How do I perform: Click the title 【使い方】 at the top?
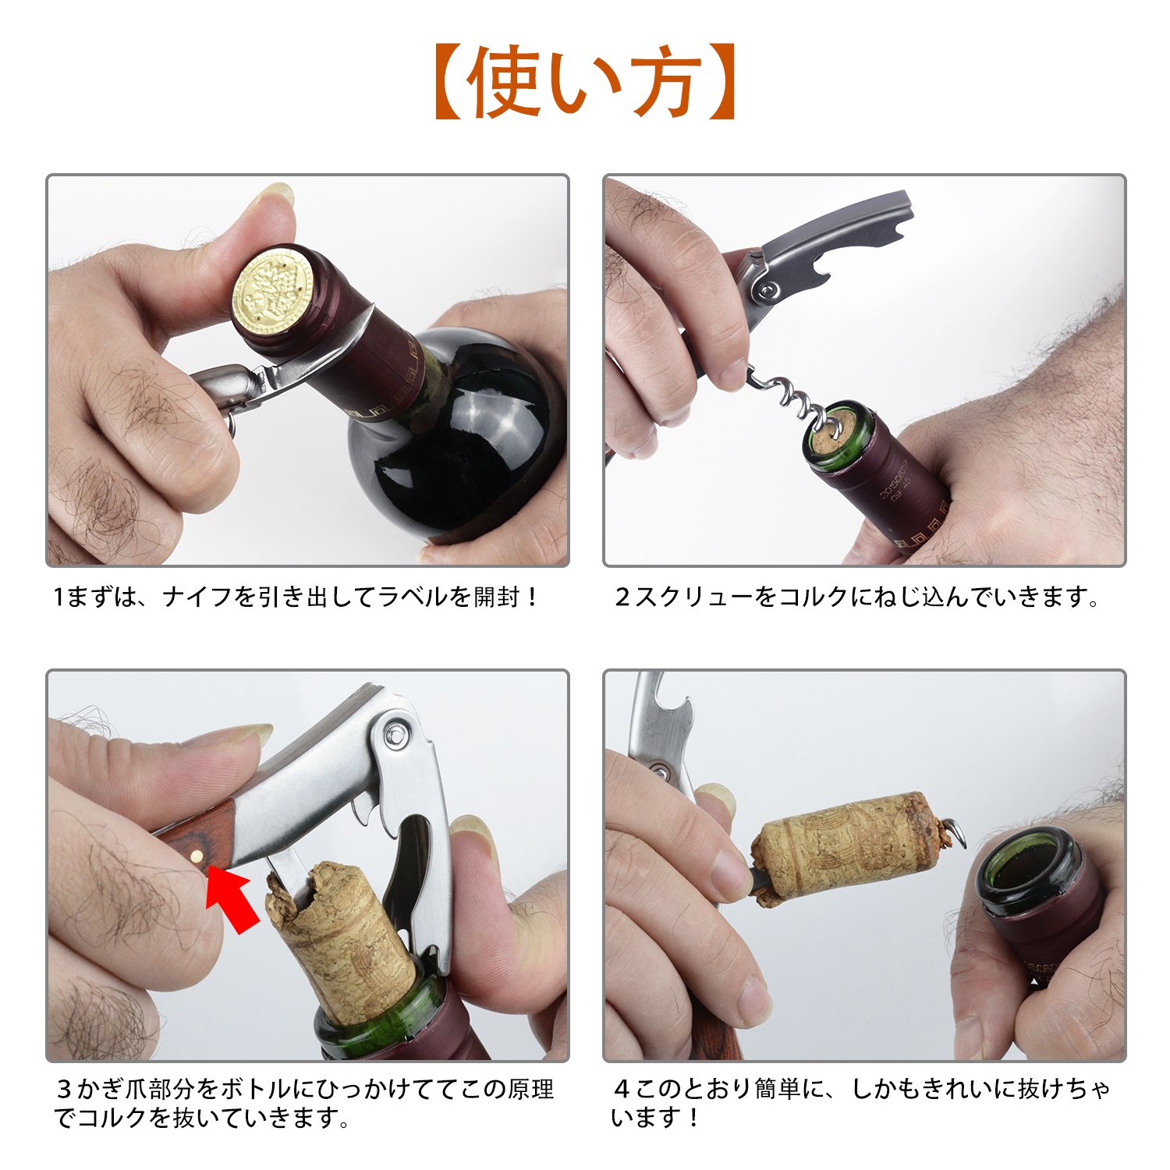point(585,81)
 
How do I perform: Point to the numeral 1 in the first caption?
point(58,597)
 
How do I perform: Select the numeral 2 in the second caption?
point(622,597)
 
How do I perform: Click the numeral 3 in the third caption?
point(66,1089)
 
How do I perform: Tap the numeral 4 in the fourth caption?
point(622,1089)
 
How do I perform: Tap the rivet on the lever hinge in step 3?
point(395,732)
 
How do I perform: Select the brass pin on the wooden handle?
point(200,855)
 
